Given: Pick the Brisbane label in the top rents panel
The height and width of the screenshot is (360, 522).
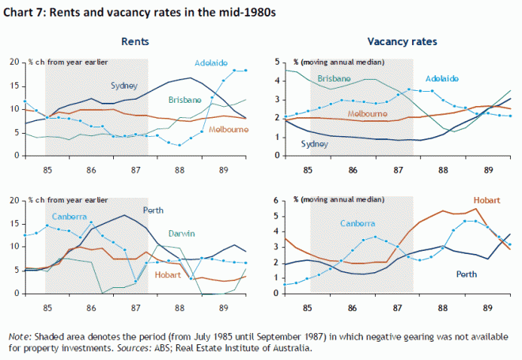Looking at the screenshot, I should [185, 100].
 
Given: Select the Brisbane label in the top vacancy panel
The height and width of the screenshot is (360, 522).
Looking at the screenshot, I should [335, 78].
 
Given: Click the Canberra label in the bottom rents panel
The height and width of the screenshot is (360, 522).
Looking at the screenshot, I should [70, 216].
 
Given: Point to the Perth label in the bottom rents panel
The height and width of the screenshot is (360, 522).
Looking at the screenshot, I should [153, 210].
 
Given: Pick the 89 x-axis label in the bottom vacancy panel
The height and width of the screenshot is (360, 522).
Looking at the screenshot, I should [488, 302].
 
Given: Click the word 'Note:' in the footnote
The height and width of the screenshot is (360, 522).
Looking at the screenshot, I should [19, 335].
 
